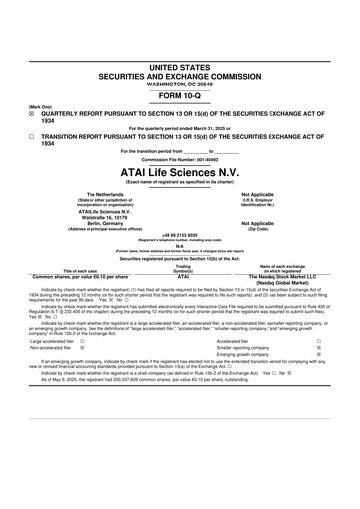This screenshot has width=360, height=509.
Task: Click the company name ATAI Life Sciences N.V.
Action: [x=180, y=171]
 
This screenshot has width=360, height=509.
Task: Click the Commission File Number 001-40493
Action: [x=180, y=159]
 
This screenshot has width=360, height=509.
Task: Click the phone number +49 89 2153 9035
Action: [x=180, y=235]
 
